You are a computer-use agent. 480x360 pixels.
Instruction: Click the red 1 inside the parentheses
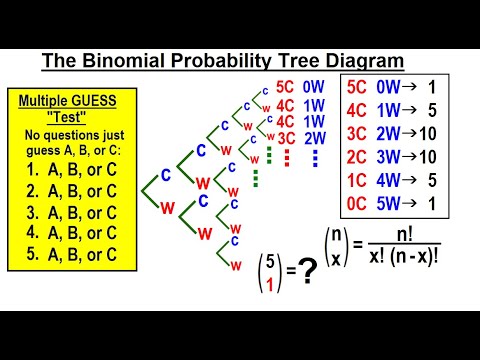click(267, 284)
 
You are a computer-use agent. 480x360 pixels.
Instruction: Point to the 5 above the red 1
click(267, 263)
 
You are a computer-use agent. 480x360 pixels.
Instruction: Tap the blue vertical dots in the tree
click(314, 158)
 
